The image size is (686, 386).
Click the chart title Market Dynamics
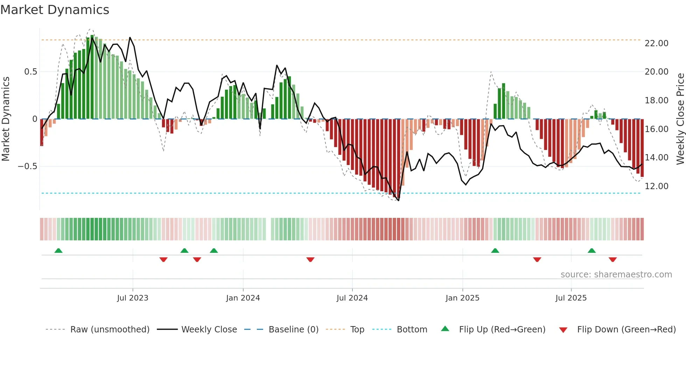(55, 10)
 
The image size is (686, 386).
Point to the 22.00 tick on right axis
(656, 43)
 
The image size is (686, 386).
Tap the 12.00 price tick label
(656, 186)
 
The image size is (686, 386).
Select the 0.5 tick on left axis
(30, 71)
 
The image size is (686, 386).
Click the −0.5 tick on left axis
(27, 166)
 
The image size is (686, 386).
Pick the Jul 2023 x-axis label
(133, 298)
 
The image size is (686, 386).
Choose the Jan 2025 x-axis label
(462, 298)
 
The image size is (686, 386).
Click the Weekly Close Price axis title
(680, 119)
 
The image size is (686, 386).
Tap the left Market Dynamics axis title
(6, 119)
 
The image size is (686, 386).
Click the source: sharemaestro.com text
(616, 274)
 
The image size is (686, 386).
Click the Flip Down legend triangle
(563, 330)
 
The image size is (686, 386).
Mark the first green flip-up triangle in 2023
(58, 250)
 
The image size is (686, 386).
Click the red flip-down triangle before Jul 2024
(310, 260)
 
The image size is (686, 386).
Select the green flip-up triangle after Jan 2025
(495, 250)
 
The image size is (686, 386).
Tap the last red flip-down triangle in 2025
(612, 260)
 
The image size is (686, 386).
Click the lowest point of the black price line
(399, 200)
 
